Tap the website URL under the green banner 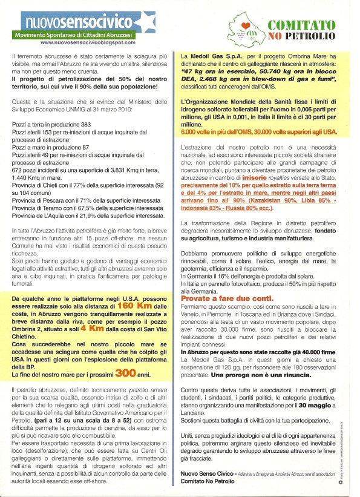(88, 44)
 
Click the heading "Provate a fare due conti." (215, 299)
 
